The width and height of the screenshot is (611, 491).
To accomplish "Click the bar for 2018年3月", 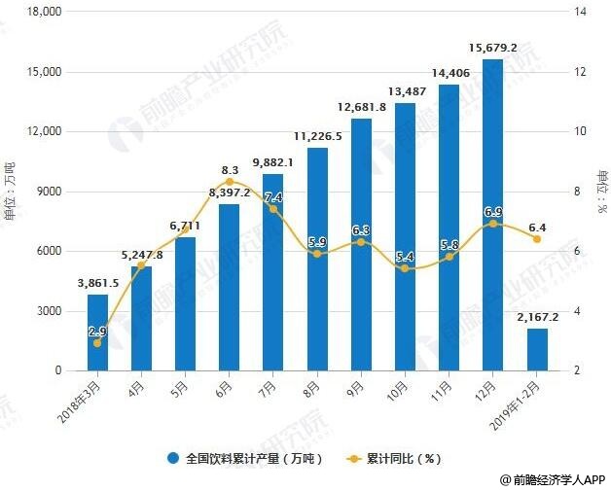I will pos(97,333).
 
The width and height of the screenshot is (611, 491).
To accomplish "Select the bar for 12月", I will pos(492,215).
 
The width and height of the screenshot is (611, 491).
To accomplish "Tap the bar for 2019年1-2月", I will pos(537,349).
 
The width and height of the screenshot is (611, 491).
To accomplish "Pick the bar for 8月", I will pos(317,259).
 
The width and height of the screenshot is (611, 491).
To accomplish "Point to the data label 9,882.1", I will pos(273,162).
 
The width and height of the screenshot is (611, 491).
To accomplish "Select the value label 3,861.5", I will pos(97,283).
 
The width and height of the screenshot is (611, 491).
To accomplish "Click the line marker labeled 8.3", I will pos(230,182).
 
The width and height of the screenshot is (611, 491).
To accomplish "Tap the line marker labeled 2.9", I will pos(97,342).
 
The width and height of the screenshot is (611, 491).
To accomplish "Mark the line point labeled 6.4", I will pos(537,238).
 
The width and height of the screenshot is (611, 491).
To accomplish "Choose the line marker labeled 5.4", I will pos(405,268).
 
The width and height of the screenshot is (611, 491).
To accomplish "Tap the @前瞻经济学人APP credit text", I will pos(554,479).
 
